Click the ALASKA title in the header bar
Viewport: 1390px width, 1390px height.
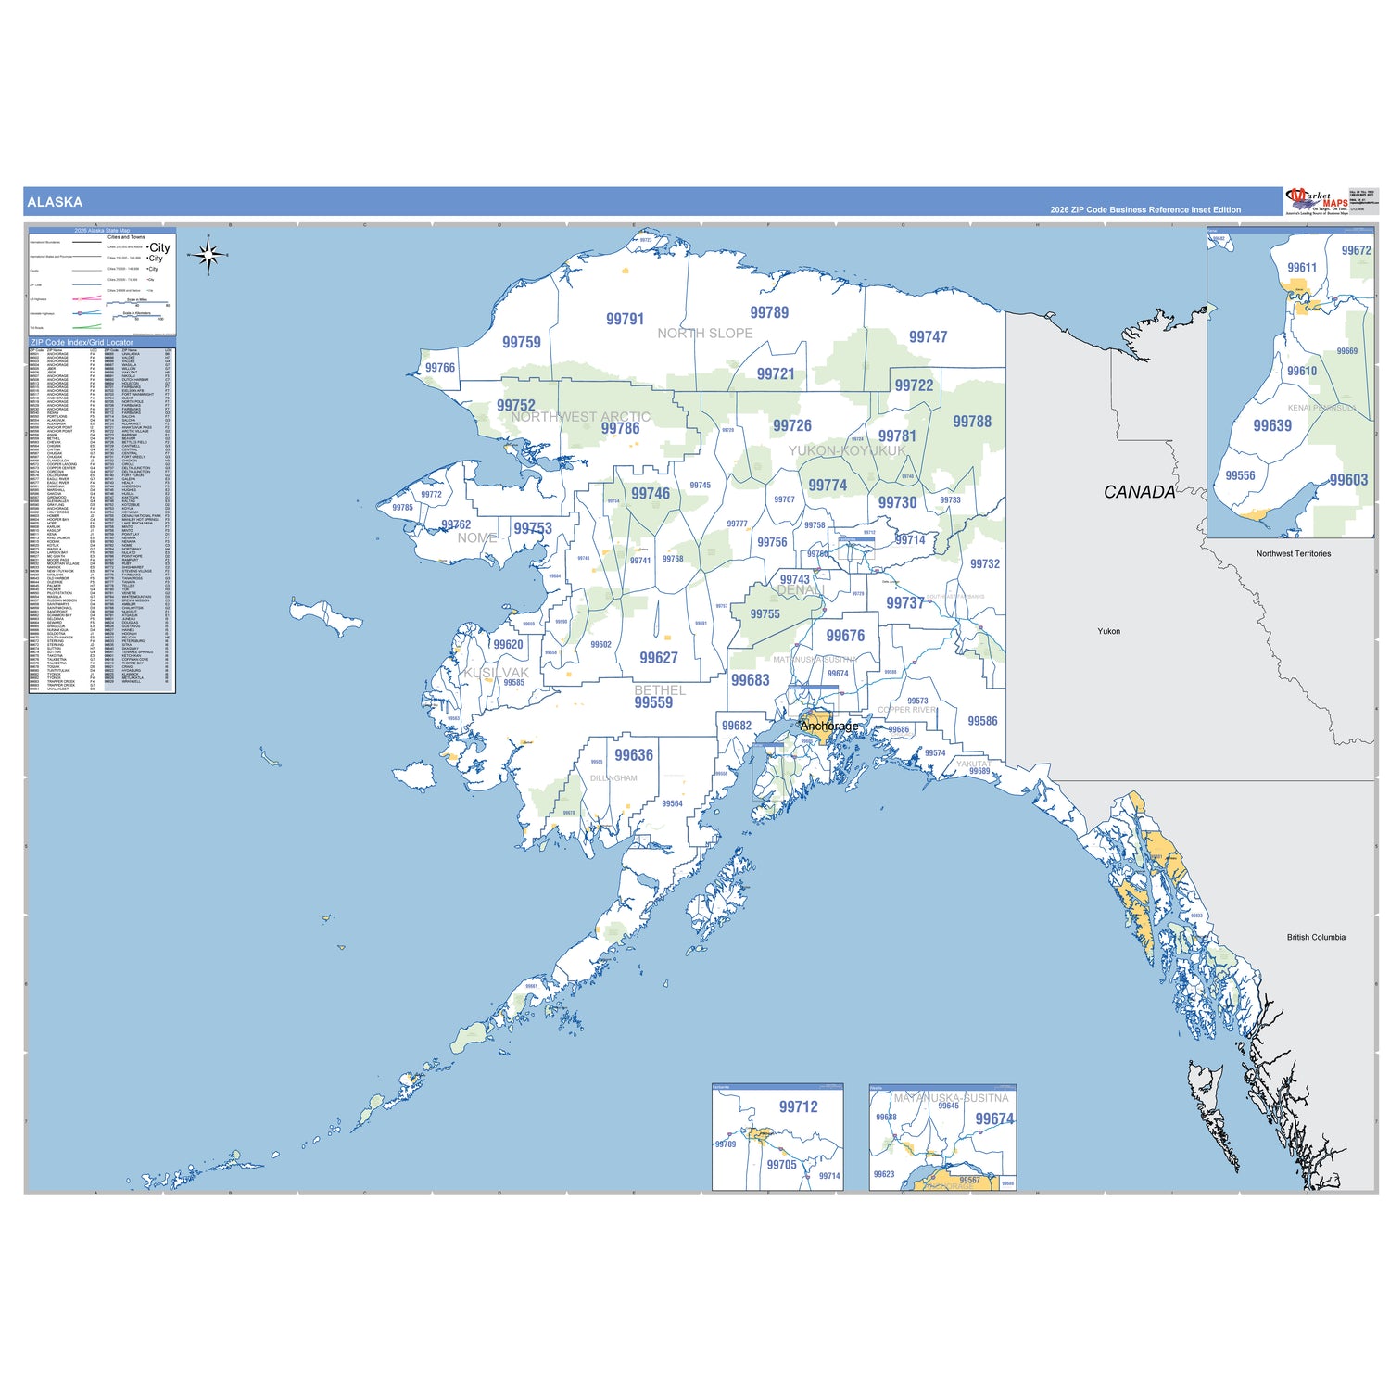55,202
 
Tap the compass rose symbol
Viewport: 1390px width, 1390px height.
208,256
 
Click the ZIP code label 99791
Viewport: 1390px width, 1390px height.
625,319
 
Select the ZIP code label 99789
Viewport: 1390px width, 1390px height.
769,313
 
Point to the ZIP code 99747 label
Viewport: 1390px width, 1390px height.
928,337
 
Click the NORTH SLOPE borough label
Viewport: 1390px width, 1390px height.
704,334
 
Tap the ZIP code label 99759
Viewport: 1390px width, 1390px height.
522,343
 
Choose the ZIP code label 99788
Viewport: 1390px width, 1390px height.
972,422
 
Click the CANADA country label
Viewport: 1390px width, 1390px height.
1139,492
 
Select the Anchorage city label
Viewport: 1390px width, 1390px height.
829,726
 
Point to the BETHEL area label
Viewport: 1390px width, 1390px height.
660,690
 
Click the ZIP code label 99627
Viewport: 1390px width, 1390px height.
659,658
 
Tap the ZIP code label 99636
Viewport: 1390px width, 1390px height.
634,755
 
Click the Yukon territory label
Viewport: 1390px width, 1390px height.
1109,631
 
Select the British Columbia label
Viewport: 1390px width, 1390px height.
1316,937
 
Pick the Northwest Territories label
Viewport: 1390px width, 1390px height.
1294,554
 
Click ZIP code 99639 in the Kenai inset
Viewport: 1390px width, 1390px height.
1272,426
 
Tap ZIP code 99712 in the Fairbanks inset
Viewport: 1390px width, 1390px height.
798,1107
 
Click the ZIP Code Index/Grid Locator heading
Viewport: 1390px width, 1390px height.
82,342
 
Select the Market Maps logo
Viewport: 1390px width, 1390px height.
1318,200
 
